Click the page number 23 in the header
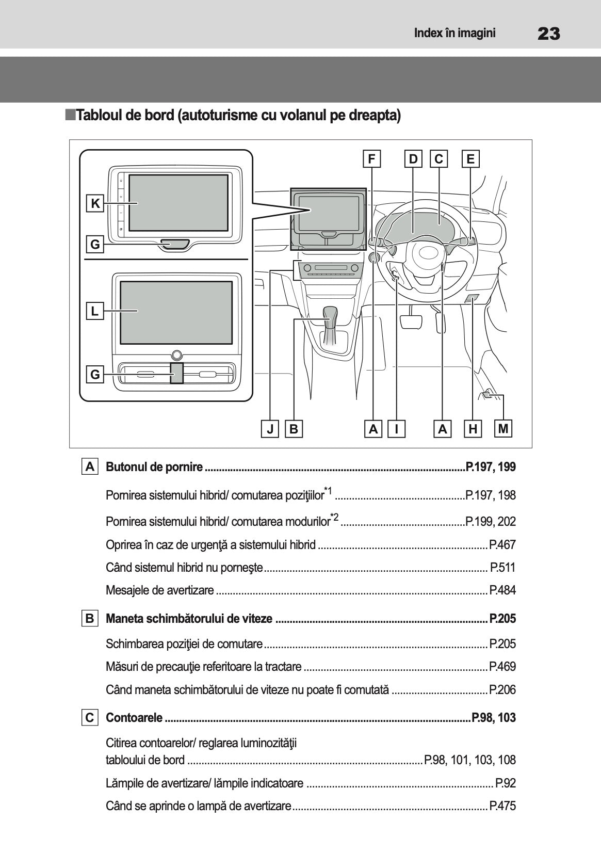click(548, 34)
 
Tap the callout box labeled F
click(371, 159)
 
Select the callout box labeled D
click(413, 159)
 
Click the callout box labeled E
click(470, 159)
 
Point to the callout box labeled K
click(95, 204)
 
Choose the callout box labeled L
click(95, 311)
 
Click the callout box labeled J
click(270, 429)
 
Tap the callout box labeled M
click(503, 428)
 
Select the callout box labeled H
click(473, 429)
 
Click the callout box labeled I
click(396, 429)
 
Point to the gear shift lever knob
click(330, 314)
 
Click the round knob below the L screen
click(177, 355)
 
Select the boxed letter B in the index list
click(90, 618)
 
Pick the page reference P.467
click(502, 545)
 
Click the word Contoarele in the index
click(134, 718)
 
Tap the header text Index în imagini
click(454, 34)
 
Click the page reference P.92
click(505, 783)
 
